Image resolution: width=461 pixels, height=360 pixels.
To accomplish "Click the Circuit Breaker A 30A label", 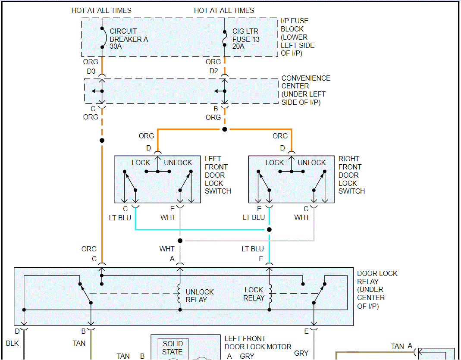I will [129, 39].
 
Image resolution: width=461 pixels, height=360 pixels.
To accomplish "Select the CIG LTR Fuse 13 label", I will [246, 39].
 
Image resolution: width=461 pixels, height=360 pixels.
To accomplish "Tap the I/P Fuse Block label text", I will [298, 37].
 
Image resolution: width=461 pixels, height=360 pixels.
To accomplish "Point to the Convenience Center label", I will [305, 90].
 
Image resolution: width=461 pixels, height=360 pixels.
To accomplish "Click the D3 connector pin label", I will [91, 71].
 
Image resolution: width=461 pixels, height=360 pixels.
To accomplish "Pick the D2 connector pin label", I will [213, 71].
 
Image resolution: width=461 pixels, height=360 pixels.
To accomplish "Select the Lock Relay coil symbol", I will [270, 293].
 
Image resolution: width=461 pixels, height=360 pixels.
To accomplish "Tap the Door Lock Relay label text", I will [377, 290].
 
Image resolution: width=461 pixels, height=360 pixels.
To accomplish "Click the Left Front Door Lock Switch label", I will [217, 175].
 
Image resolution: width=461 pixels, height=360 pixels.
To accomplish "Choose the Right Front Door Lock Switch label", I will [351, 175].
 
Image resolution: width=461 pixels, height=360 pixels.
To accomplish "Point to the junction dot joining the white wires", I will [180, 241].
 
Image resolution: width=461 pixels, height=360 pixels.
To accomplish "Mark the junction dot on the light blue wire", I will [270, 229].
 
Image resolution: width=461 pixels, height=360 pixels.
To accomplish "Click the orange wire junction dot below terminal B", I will [225, 129].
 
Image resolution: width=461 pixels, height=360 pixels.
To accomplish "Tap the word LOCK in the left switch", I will [141, 163].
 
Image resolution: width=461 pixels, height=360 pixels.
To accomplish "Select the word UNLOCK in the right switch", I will [311, 163].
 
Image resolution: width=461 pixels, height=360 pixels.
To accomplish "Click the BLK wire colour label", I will [13, 344].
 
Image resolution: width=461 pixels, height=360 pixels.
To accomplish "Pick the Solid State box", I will [172, 347].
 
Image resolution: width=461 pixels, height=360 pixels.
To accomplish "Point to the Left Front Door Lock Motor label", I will [257, 343].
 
